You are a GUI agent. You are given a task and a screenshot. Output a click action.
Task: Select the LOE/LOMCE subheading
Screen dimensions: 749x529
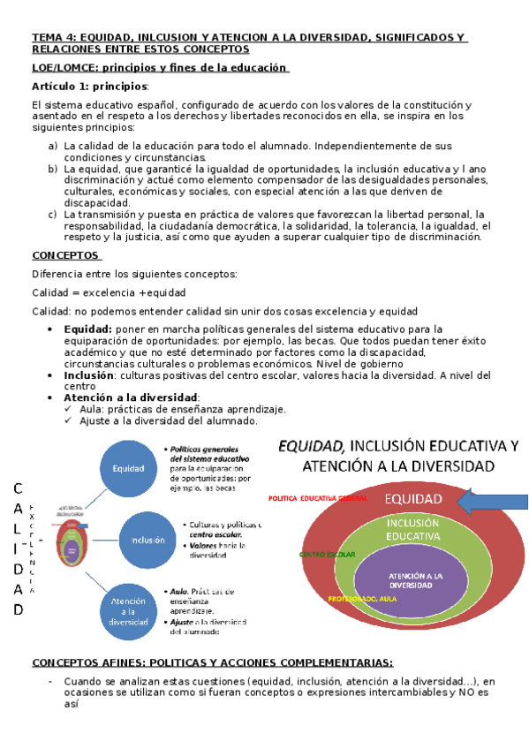(159, 67)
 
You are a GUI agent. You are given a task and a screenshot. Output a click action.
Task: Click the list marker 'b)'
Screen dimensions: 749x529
(54, 169)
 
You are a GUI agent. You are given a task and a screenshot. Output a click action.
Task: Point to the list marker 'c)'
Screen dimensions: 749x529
(54, 214)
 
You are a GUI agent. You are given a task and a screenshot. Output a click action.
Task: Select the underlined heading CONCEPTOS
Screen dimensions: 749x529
(65, 255)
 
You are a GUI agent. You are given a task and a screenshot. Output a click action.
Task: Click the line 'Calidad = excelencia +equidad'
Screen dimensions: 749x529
(109, 292)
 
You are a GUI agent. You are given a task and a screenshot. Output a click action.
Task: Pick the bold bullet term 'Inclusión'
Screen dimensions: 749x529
(89, 374)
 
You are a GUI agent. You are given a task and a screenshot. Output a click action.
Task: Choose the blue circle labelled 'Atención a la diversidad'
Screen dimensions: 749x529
(129, 609)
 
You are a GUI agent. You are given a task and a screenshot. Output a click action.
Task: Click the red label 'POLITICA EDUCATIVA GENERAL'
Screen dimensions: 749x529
(316, 498)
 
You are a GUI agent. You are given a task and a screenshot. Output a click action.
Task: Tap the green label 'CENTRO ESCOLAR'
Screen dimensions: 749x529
(327, 555)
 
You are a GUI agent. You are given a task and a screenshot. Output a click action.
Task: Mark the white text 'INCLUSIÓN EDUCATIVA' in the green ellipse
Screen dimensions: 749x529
(412, 529)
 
